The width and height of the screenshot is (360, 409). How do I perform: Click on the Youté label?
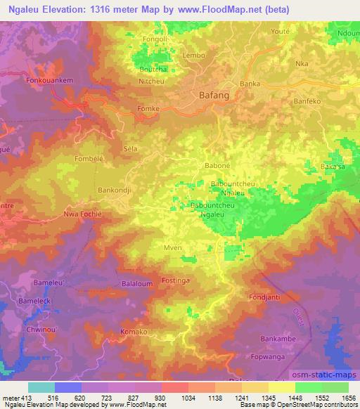280,32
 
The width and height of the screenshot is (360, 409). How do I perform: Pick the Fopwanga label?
297,365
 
